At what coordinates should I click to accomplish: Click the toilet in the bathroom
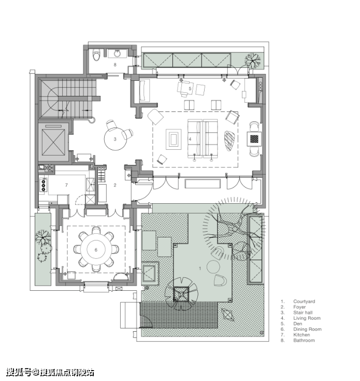click(97, 55)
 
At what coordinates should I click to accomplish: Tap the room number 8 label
click(115, 65)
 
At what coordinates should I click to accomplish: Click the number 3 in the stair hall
click(115, 139)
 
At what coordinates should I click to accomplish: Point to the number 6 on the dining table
click(96, 250)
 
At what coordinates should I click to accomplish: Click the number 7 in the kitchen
click(66, 185)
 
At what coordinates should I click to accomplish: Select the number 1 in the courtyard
click(200, 269)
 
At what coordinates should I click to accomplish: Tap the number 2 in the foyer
click(115, 185)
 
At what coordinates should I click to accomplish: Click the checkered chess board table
click(254, 139)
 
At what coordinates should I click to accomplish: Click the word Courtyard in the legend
click(304, 301)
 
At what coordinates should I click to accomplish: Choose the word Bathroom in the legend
click(304, 340)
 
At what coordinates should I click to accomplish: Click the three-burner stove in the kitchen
click(44, 186)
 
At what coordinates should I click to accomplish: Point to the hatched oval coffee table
click(229, 140)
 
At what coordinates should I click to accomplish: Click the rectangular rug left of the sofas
click(174, 139)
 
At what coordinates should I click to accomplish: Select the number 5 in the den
click(190, 89)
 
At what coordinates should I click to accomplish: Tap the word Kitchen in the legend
click(301, 334)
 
